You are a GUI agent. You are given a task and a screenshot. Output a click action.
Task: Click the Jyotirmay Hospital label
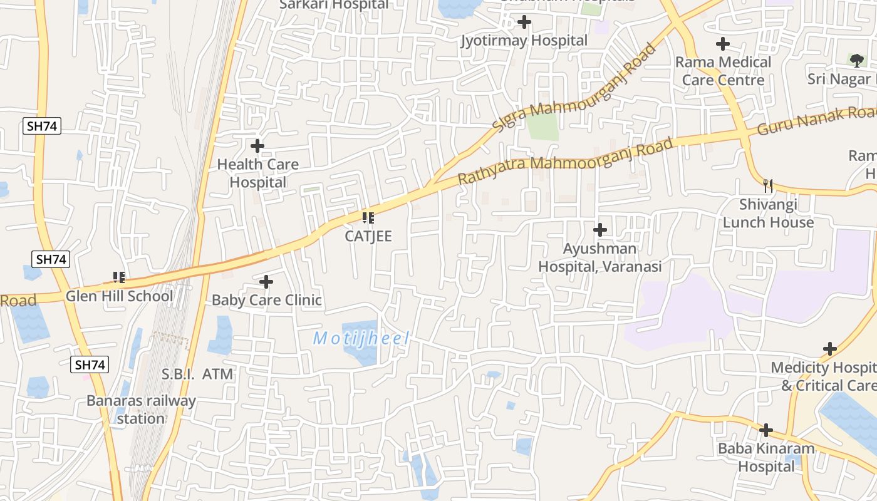524,41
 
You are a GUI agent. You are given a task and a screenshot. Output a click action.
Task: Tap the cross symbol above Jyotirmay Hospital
524,23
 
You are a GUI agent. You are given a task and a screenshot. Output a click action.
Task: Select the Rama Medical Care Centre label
723,71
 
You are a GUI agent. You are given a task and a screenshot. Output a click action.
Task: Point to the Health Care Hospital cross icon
257,146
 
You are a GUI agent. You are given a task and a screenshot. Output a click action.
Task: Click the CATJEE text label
368,236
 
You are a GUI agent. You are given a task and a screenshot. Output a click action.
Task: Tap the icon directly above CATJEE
368,218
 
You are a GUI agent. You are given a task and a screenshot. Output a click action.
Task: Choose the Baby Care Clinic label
266,300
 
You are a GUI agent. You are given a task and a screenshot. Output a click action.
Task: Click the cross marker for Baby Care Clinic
266,282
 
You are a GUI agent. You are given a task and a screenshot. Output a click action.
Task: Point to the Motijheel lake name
361,339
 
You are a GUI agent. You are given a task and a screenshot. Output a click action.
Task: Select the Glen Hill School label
119,296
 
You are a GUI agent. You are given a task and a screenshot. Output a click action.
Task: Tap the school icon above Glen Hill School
119,277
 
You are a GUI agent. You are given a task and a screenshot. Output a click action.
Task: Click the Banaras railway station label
141,409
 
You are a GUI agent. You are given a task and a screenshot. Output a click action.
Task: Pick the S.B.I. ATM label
197,374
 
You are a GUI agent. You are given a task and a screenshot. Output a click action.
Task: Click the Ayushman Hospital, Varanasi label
600,257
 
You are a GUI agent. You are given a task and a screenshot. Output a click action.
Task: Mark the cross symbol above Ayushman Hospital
600,230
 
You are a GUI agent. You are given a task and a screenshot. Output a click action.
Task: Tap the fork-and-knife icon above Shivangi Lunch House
768,185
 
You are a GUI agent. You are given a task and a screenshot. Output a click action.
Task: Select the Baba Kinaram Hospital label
765,457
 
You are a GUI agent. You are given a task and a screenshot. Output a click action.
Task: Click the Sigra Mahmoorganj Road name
573,88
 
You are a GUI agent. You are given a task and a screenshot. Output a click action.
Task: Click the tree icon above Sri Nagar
856,60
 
